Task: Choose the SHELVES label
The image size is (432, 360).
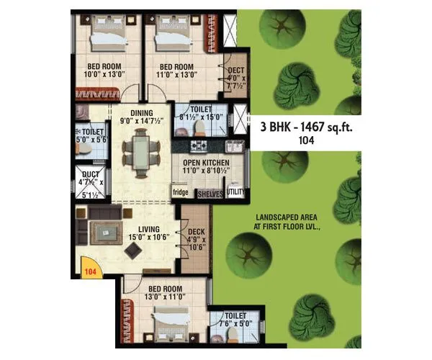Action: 210,194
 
